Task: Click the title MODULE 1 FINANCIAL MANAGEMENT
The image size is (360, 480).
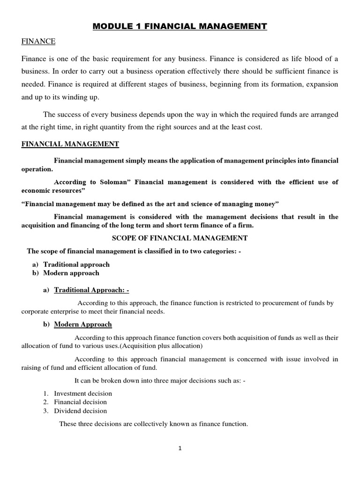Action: click(x=180, y=27)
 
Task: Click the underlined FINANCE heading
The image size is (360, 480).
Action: click(x=38, y=42)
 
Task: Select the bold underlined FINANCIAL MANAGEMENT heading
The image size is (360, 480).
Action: click(x=70, y=144)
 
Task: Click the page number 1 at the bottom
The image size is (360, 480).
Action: click(x=180, y=448)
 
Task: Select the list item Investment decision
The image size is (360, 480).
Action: click(x=83, y=393)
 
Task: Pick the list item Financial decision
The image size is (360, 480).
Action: click(x=80, y=402)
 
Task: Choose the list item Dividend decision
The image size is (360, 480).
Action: click(x=80, y=411)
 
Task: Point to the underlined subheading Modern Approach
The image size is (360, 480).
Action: click(x=83, y=324)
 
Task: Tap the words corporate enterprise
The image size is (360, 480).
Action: click(x=49, y=312)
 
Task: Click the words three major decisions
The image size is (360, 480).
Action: click(x=161, y=380)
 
